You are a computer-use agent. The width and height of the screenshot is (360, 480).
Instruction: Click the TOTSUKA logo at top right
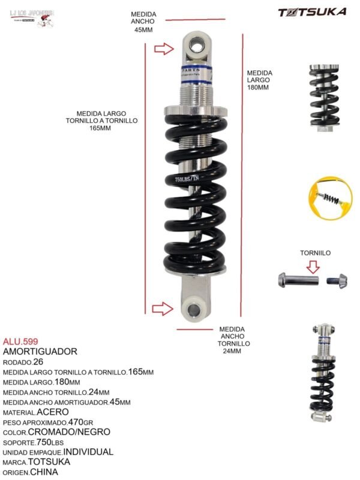[x=311, y=11]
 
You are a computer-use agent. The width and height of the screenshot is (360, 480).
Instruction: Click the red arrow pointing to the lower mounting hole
[x=162, y=309]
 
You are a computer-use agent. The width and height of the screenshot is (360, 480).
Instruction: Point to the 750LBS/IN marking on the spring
[x=187, y=178]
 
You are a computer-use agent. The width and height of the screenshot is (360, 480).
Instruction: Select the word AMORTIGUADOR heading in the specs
[x=40, y=351]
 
